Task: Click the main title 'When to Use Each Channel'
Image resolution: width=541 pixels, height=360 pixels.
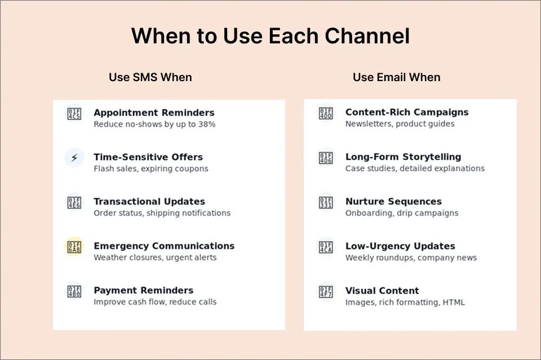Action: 270,36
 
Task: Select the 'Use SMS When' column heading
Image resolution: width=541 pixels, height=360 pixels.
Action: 150,77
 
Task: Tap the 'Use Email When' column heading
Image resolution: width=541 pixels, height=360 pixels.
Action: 396,77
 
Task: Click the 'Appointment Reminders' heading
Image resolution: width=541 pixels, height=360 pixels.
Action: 154,113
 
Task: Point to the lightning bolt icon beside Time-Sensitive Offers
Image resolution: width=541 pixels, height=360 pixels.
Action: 74,158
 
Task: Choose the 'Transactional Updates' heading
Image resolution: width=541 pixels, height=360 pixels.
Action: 149,202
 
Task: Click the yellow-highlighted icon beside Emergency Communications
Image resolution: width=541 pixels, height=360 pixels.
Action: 74,247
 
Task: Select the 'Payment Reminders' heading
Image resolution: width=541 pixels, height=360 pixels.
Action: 143,291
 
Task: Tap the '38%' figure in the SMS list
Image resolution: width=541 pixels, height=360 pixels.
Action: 206,125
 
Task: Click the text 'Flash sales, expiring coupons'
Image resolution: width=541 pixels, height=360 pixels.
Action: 150,169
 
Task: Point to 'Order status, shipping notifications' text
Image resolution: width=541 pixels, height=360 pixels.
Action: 162,214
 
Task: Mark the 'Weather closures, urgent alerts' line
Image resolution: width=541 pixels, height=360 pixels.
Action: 155,258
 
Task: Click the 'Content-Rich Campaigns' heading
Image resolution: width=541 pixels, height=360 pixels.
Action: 407,112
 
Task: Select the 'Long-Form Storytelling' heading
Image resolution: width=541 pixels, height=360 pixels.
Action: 403,157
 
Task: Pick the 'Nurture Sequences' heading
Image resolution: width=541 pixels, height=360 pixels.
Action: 393,202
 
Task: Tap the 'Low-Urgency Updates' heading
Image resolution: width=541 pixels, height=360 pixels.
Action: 400,246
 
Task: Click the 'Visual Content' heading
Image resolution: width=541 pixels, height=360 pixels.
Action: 382,291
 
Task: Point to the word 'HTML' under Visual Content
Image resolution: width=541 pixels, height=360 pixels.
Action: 454,303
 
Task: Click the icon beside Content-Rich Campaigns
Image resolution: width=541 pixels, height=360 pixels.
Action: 326,113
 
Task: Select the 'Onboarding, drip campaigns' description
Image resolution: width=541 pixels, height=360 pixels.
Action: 402,214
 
